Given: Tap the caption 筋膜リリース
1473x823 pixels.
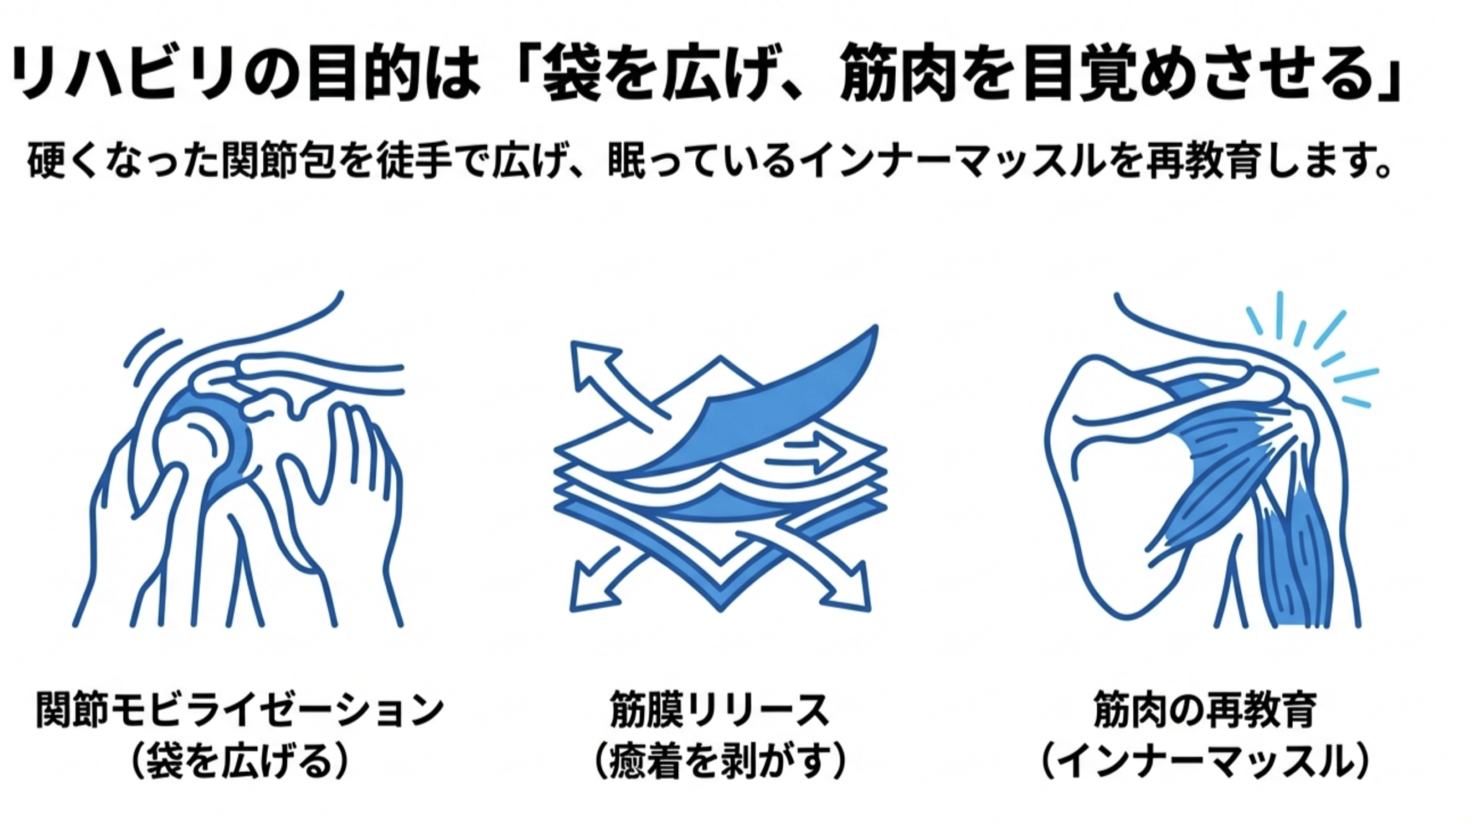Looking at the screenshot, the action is pos(719,710).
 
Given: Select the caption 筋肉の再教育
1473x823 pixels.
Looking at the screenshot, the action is pos(1205,710).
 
